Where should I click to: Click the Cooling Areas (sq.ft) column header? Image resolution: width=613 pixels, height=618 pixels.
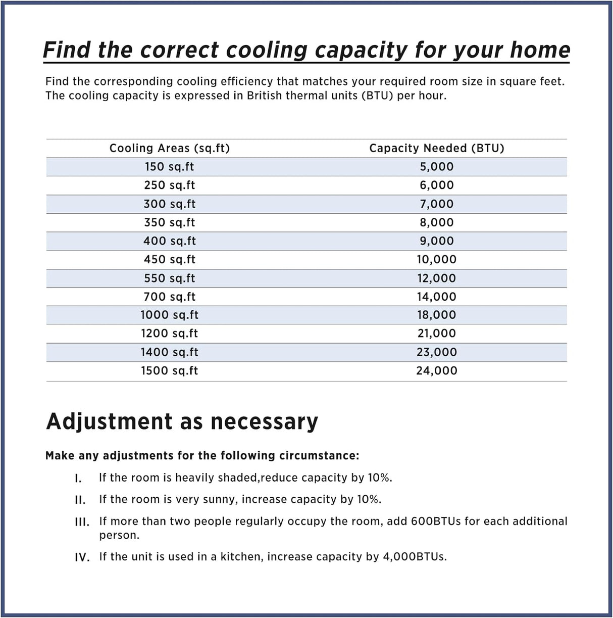[x=170, y=148]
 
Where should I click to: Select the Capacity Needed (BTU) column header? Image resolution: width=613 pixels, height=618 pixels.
[x=437, y=148]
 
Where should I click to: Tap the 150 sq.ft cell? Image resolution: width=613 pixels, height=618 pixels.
[x=169, y=167]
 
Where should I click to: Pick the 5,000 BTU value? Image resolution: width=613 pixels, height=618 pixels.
[x=437, y=167]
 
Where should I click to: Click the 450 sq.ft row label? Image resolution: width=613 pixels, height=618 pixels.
[x=169, y=260]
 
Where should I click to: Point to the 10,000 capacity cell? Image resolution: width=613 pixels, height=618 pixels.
[x=437, y=260]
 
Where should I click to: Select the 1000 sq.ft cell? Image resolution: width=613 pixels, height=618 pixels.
[x=169, y=315]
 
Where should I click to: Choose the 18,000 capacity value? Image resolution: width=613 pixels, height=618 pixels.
[x=437, y=315]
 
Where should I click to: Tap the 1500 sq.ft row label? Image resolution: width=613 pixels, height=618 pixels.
[x=169, y=371]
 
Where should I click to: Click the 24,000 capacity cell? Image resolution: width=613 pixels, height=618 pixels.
[x=437, y=371]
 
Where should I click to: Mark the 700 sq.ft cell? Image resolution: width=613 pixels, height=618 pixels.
[x=169, y=297]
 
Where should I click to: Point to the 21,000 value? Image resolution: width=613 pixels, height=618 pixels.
[x=437, y=334]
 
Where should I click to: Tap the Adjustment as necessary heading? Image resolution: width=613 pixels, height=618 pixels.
[x=182, y=421]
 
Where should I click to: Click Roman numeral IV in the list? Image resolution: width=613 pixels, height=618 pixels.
[x=82, y=557]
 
